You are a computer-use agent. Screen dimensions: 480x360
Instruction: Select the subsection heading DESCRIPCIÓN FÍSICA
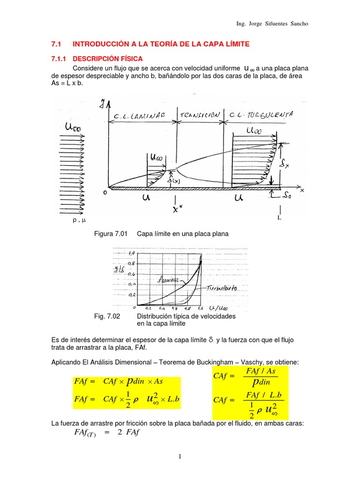107,59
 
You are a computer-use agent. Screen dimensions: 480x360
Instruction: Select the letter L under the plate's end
279,218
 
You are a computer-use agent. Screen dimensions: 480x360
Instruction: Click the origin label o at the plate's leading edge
105,192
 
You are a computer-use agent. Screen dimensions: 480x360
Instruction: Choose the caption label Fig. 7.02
107,316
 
